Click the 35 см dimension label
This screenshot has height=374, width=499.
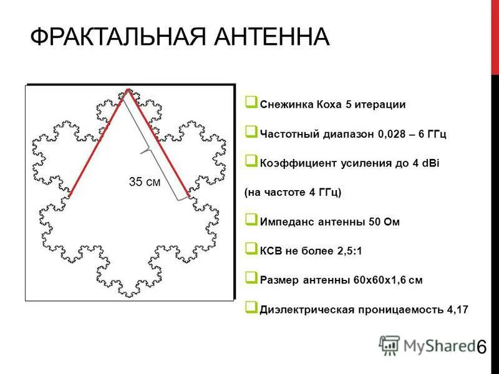click(x=144, y=182)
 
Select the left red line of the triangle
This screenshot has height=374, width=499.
click(x=99, y=143)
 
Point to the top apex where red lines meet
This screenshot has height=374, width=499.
click(x=128, y=90)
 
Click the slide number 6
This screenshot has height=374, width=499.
click(x=481, y=348)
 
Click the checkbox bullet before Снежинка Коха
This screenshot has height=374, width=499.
click(x=251, y=102)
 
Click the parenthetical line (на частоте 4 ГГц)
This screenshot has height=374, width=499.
click(x=293, y=193)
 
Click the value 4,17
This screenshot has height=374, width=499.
click(x=453, y=309)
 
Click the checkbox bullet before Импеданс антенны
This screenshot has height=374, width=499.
click(x=251, y=219)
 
